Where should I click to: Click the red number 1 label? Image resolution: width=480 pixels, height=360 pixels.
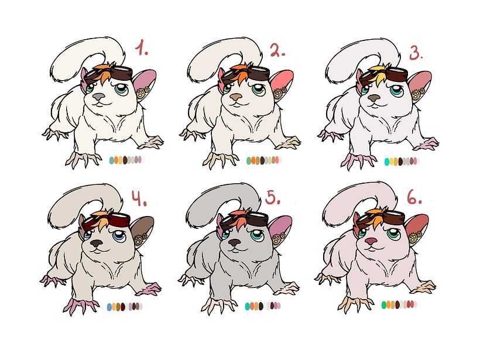coord(142,49)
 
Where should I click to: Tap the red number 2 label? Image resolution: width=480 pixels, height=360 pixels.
coord(277,50)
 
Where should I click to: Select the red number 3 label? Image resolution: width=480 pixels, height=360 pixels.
coord(416,53)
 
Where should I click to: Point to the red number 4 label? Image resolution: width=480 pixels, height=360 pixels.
coord(139,198)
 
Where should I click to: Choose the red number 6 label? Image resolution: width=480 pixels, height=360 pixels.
coord(414,197)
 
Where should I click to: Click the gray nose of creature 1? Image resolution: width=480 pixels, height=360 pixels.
coord(98,97)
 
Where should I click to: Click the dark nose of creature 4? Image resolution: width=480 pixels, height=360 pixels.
coord(97,244)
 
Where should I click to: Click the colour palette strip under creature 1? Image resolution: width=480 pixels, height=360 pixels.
coord(127,159)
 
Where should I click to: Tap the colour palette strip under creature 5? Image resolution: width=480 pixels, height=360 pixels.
coord(263,306)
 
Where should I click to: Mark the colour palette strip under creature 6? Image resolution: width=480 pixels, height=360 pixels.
coord(399,304)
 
